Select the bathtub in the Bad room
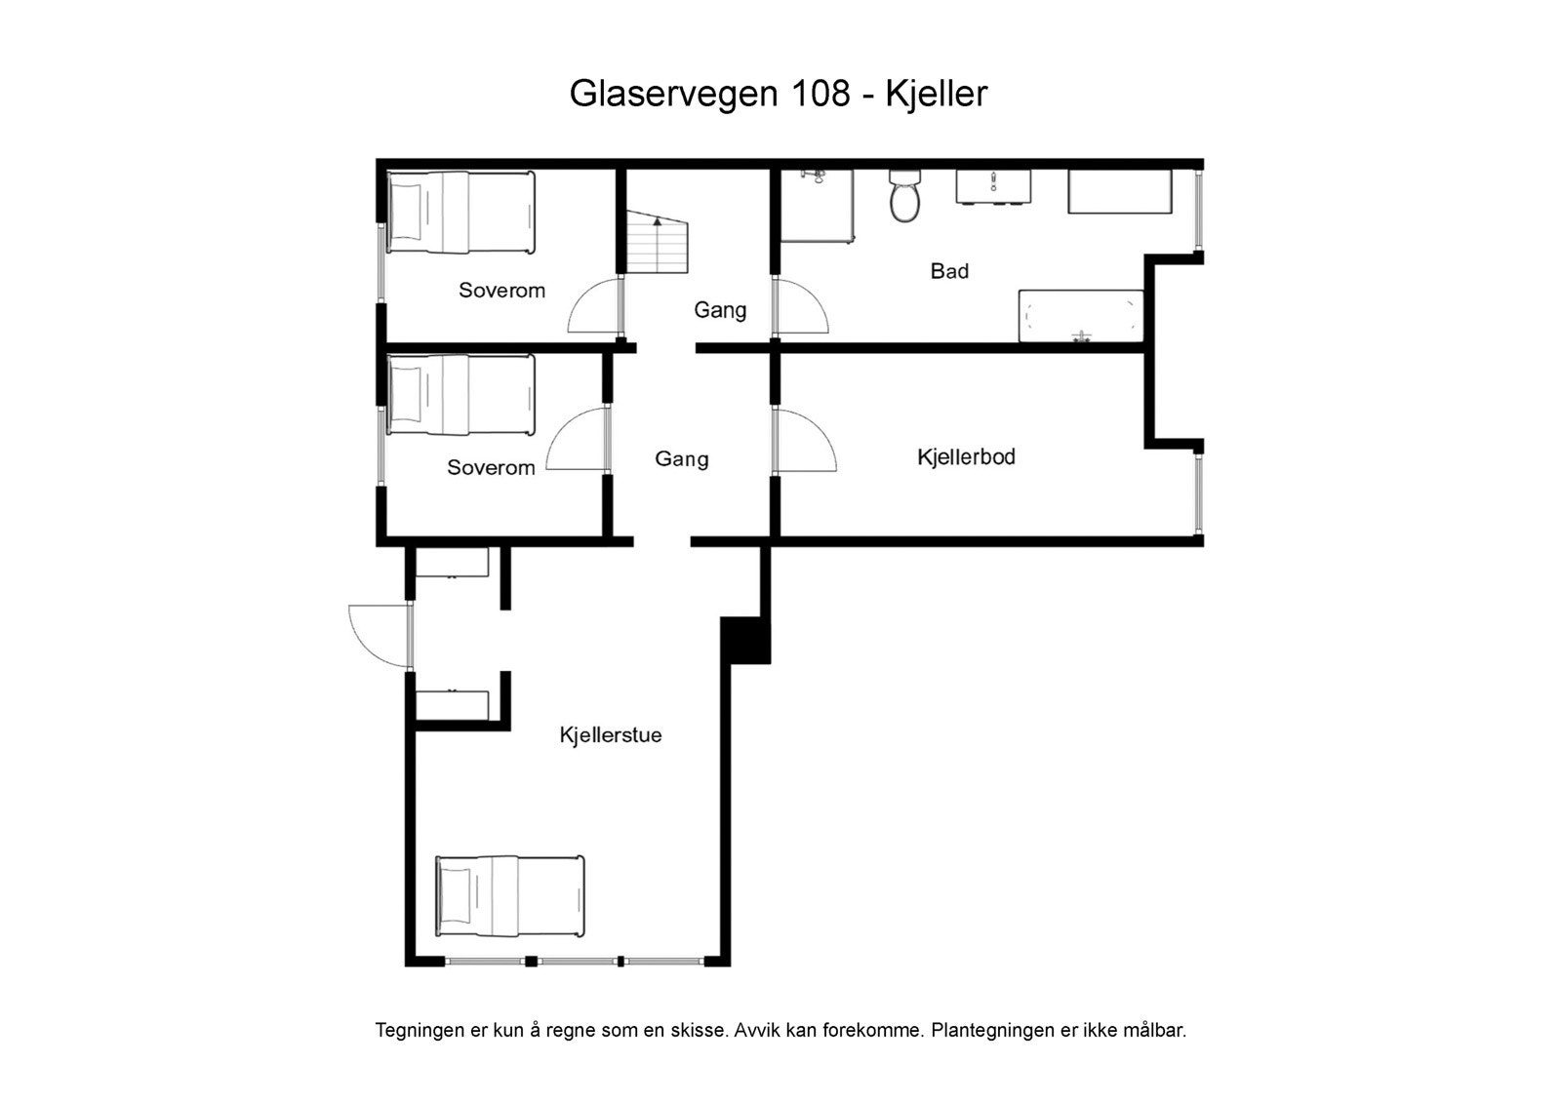click(x=1080, y=316)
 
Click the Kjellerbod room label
click(x=966, y=456)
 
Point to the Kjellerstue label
click(x=611, y=735)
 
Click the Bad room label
click(x=949, y=271)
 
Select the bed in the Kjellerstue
click(x=509, y=895)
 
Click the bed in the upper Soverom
click(x=460, y=212)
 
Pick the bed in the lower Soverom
click(x=460, y=394)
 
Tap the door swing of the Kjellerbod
click(x=806, y=441)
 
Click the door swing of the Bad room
click(x=801, y=306)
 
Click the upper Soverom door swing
click(x=594, y=305)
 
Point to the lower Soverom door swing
click(x=579, y=441)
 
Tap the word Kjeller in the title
click(x=937, y=94)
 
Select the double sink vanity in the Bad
click(x=993, y=188)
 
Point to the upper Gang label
click(x=720, y=310)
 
